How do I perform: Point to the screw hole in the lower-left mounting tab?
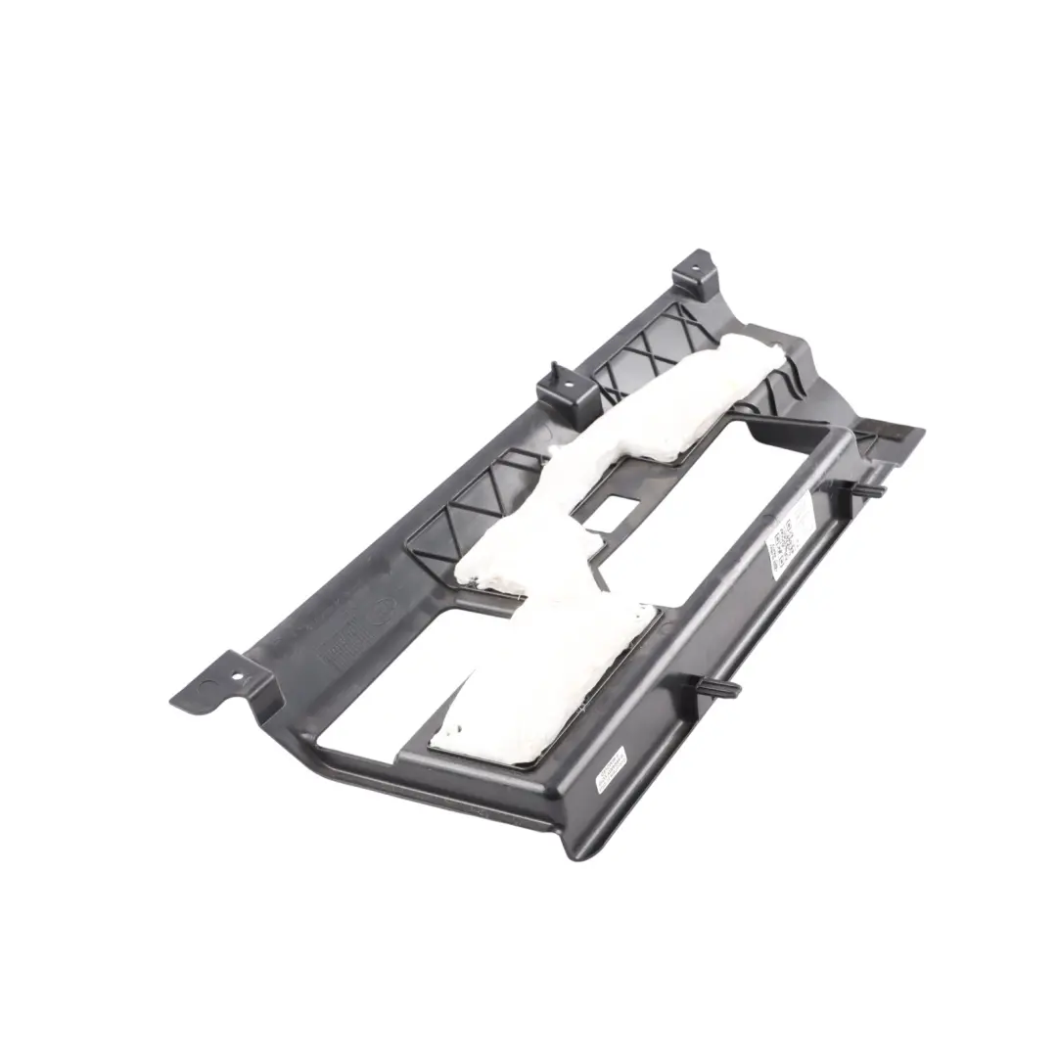[234, 674]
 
